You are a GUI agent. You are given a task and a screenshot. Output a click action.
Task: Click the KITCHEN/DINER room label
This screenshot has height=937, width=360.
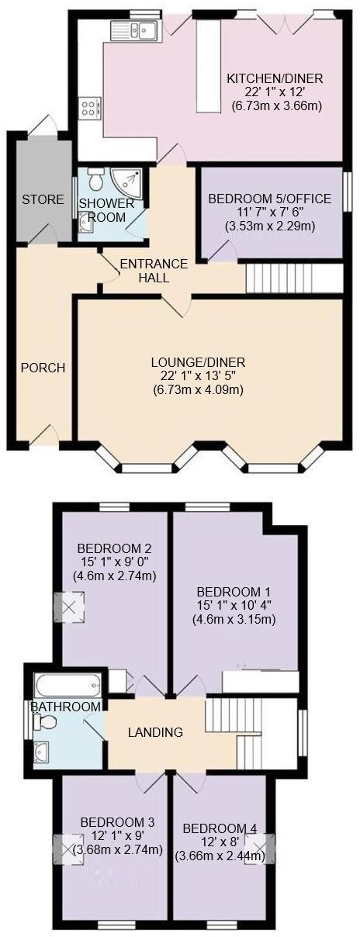(274, 78)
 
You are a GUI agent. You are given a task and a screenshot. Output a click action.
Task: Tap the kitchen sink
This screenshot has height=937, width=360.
(135, 31)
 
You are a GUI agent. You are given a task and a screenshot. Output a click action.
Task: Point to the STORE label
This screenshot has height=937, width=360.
(43, 199)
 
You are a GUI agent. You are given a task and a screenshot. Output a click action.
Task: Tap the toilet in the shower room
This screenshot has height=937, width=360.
(95, 180)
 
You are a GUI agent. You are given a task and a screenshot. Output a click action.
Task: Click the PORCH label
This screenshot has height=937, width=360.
(43, 368)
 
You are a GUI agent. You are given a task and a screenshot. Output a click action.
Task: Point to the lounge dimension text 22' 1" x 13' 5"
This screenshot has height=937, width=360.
(198, 376)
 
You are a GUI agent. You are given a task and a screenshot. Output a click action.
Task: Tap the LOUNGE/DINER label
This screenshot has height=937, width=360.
(198, 362)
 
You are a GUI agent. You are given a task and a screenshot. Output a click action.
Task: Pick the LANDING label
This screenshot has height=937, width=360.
(155, 731)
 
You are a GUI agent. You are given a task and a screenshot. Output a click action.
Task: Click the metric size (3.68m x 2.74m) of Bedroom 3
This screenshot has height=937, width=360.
(117, 850)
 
